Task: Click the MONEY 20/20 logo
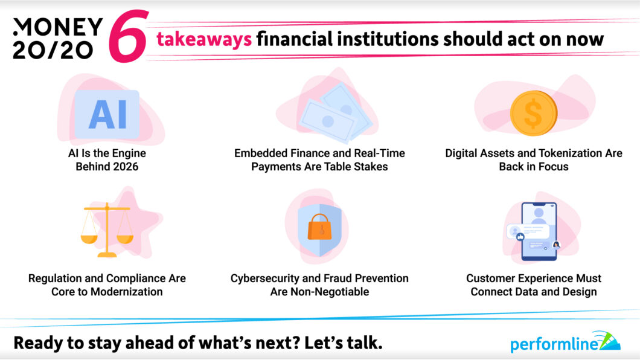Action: click(57, 39)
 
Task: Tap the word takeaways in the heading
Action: click(204, 39)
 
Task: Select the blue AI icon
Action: click(107, 114)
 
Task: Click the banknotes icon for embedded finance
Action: click(329, 112)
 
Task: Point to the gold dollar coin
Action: click(533, 114)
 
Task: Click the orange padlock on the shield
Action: click(318, 228)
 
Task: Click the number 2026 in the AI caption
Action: click(121, 166)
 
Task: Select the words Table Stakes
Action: click(357, 166)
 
